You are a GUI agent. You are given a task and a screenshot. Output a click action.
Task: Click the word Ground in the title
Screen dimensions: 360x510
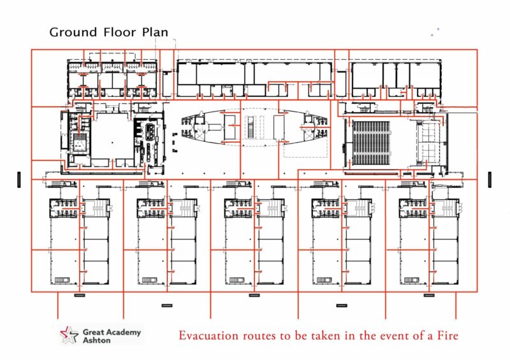73,32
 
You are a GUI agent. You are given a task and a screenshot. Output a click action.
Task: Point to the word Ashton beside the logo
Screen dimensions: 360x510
97,340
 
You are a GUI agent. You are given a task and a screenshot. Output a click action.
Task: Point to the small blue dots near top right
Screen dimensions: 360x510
435,31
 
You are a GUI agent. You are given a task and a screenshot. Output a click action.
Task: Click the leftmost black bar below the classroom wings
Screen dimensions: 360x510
80,296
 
